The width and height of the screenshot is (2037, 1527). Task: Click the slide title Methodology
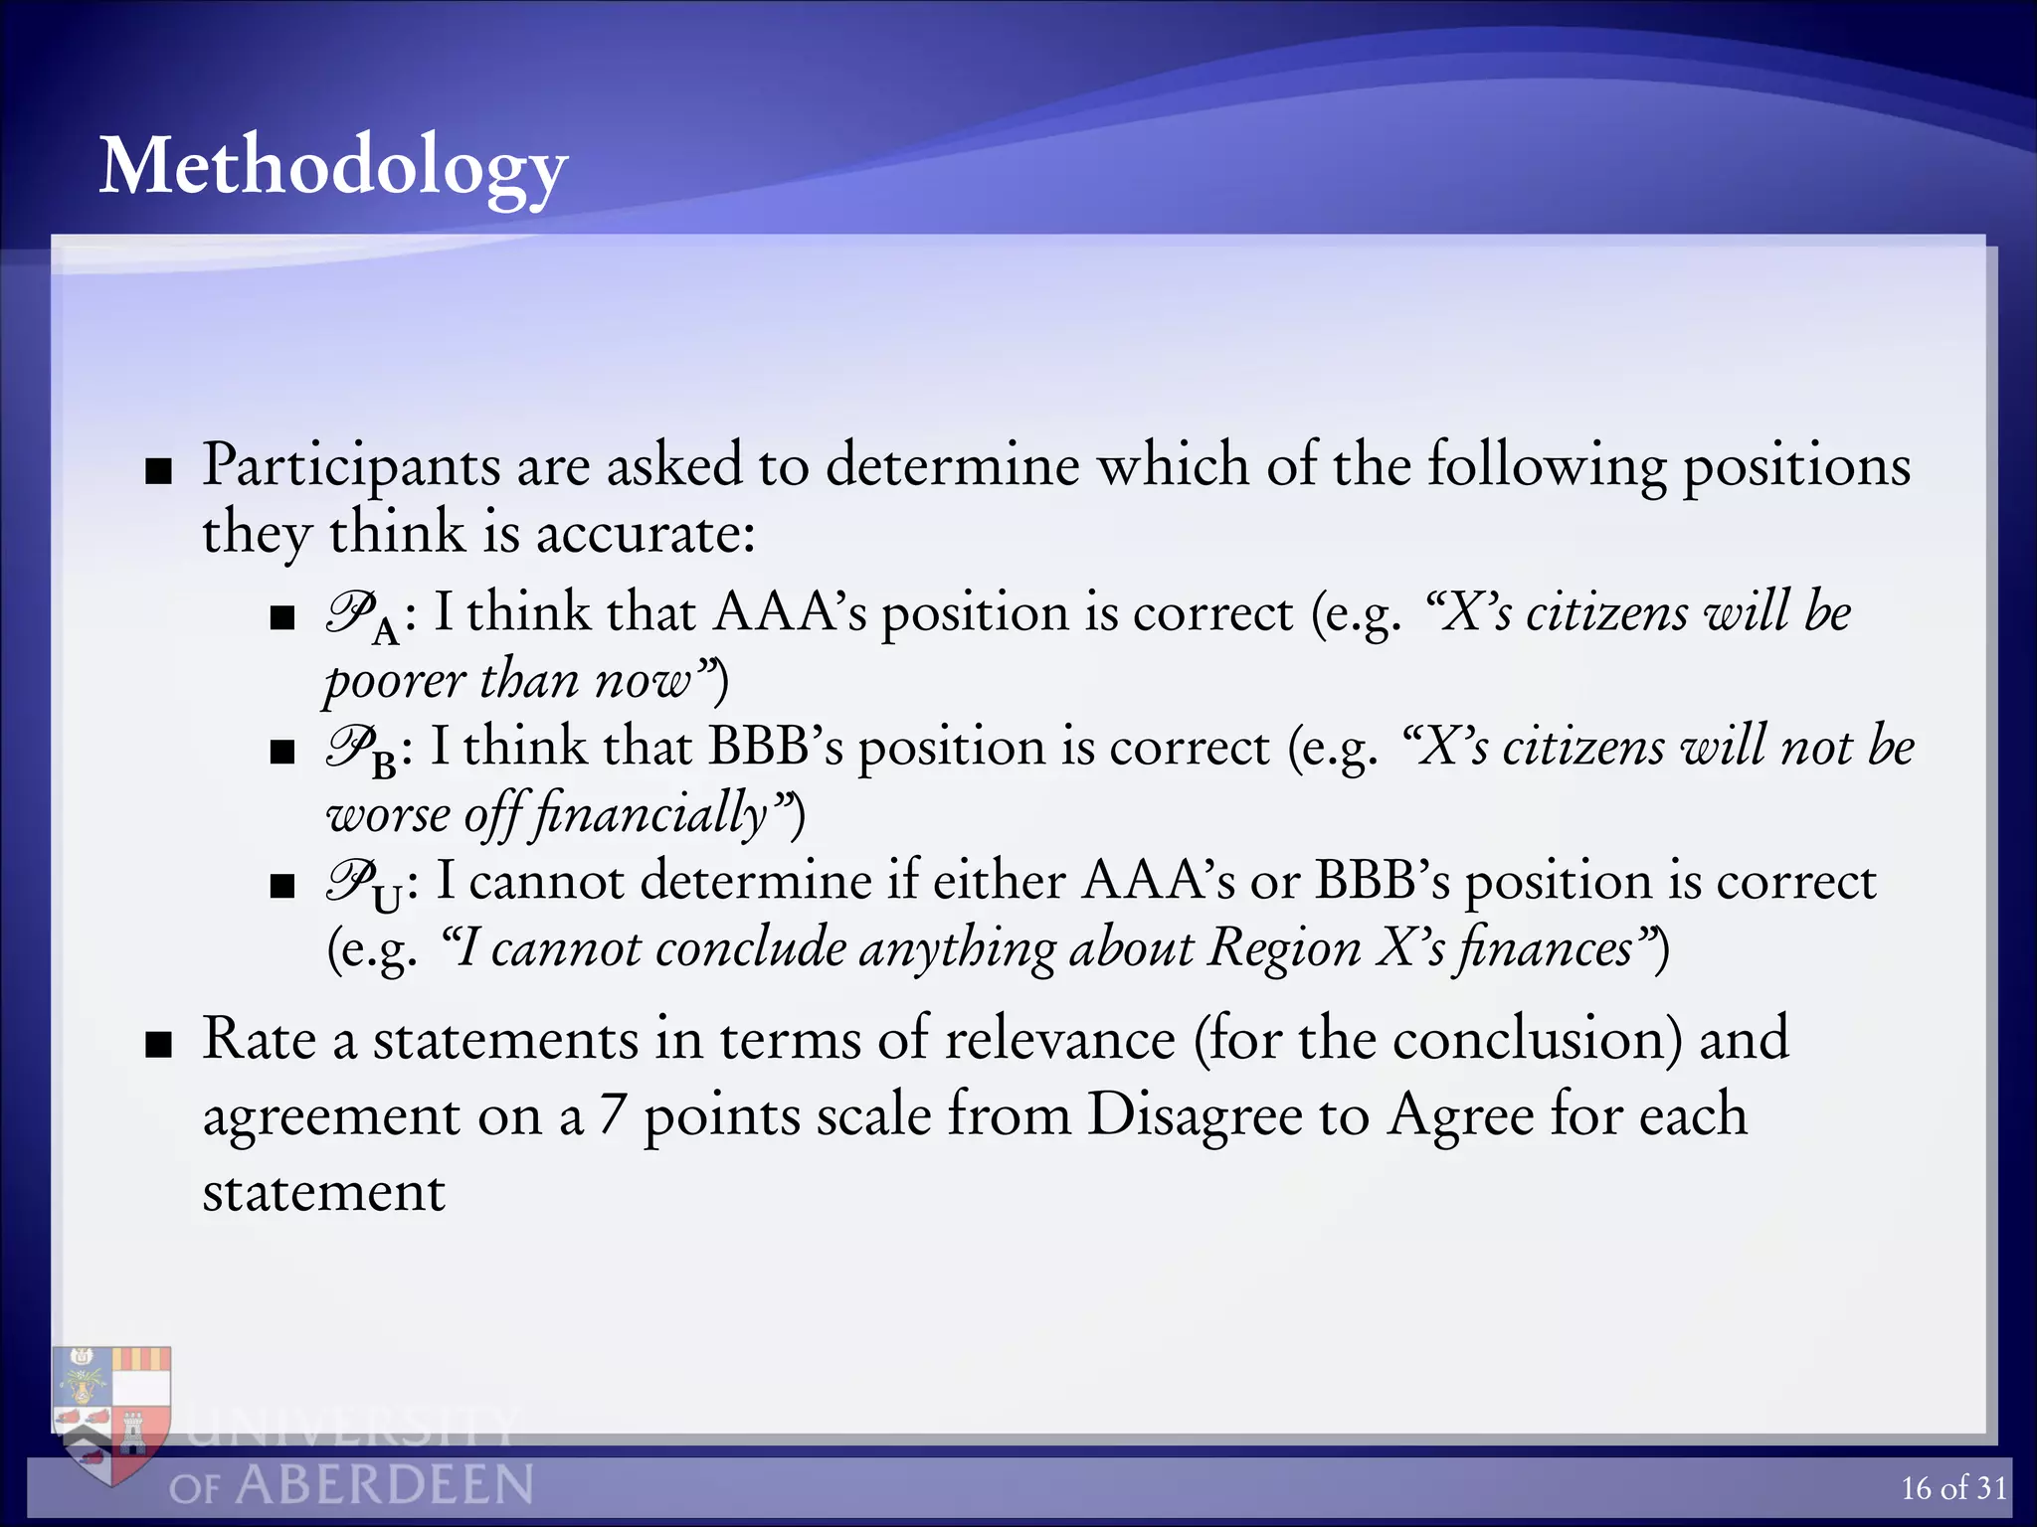[x=333, y=167]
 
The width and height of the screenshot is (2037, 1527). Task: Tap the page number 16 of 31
[x=1953, y=1487]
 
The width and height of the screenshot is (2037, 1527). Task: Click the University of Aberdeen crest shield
[x=112, y=1412]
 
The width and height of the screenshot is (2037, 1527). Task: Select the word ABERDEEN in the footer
[x=385, y=1485]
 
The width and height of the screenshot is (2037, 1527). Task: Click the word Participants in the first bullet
[x=350, y=465]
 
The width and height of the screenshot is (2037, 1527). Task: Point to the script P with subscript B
[x=358, y=751]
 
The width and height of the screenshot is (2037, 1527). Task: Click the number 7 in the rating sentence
[x=612, y=1115]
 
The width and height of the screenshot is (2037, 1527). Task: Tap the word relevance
[x=1059, y=1039]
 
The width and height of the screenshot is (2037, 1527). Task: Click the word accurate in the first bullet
[x=645, y=533]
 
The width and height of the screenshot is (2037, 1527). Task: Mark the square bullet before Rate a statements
[x=158, y=1045]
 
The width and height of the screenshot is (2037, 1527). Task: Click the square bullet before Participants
[x=158, y=470]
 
